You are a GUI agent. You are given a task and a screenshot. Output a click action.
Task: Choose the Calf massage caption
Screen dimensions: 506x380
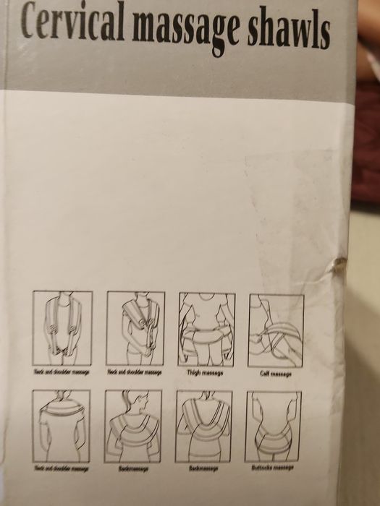coord(276,373)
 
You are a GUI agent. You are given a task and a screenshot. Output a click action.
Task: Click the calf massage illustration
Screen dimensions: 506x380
coord(276,330)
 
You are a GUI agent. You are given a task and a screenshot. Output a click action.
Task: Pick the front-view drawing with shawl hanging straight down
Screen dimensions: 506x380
coord(62,330)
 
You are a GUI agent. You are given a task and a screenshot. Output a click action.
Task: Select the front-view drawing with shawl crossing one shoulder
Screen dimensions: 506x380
coord(135,330)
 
